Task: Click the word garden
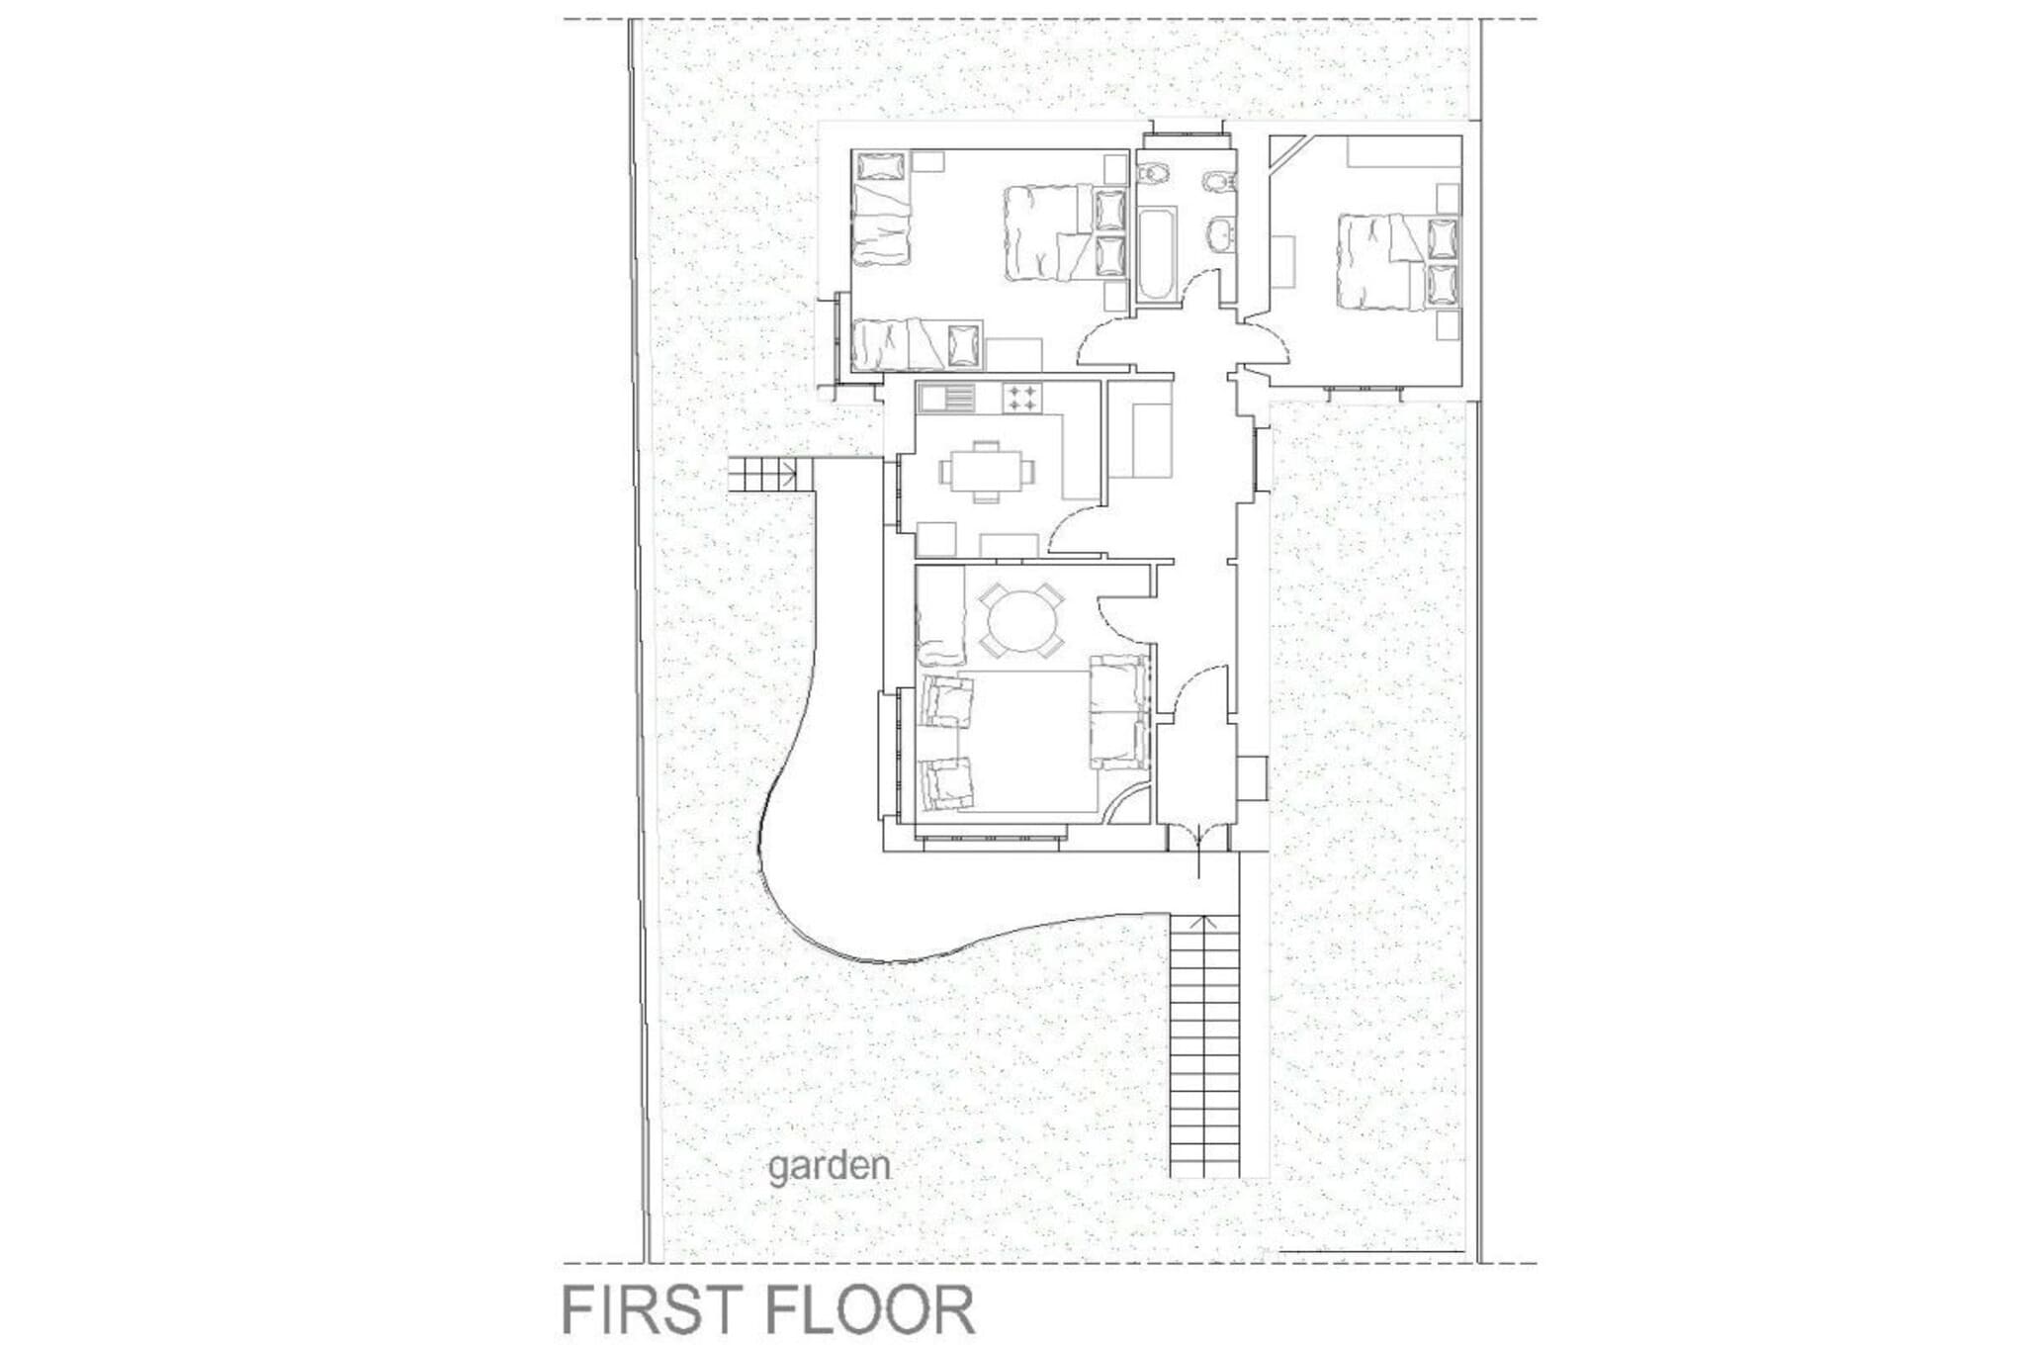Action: pyautogui.click(x=829, y=1168)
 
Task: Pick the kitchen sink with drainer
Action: pyautogui.click(x=255, y=398)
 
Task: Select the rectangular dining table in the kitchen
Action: pyautogui.click(x=985, y=472)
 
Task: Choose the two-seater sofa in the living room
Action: pyautogui.click(x=1119, y=710)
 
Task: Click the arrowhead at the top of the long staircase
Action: pyautogui.click(x=1204, y=921)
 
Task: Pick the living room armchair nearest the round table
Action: pyautogui.click(x=947, y=700)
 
